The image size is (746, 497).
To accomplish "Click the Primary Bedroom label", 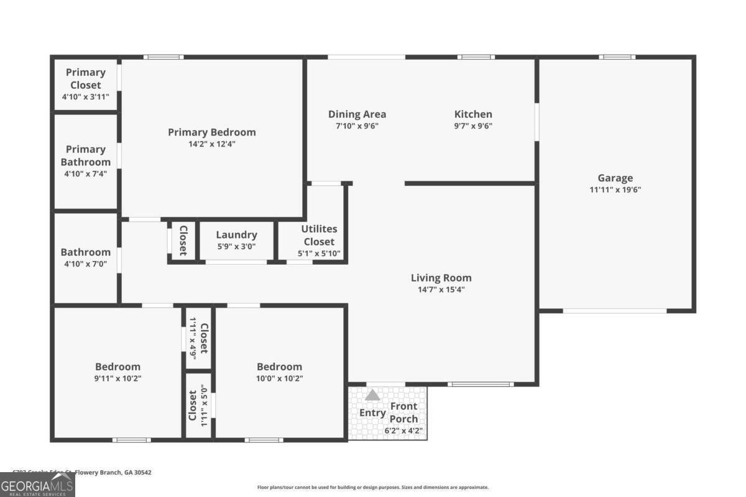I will point(211,132).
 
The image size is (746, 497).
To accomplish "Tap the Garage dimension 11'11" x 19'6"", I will point(615,190).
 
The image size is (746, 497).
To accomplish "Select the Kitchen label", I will point(473,114).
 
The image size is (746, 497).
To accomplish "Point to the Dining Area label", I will point(357,114).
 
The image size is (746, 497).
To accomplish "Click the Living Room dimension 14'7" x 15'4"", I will point(441,290).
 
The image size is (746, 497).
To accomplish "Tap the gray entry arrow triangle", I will point(372,394).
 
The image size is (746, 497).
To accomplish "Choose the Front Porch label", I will point(403,413).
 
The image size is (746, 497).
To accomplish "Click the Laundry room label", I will point(236,235).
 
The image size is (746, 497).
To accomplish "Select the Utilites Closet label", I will point(318,235).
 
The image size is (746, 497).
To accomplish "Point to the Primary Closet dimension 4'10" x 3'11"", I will point(85,97).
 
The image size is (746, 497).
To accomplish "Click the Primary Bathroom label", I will point(85,155).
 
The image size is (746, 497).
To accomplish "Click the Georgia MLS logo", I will point(37,485).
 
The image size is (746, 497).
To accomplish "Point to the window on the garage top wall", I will point(617,57).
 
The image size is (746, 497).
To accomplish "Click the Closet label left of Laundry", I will point(183,240).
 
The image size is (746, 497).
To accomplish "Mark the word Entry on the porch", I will point(372,413).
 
